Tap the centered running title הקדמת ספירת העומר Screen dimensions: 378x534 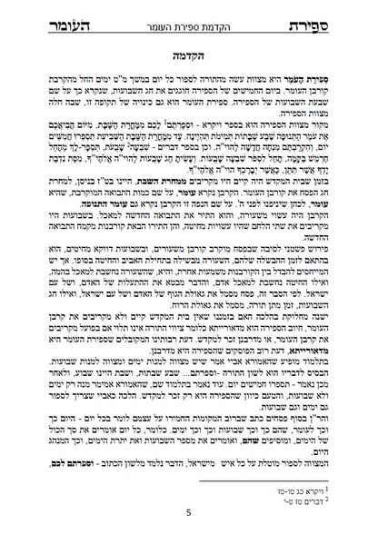190,17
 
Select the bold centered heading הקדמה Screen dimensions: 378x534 190,54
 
